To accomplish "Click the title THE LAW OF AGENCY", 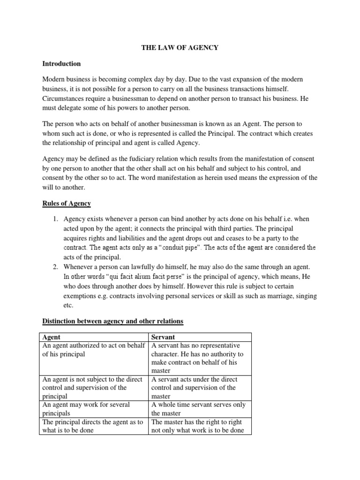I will (180, 48).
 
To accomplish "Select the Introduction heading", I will (61, 63).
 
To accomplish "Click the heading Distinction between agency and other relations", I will (113, 321).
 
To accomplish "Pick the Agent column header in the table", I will (52, 337).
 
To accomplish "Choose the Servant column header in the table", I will (163, 337).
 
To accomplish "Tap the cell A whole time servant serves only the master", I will (200, 408).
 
